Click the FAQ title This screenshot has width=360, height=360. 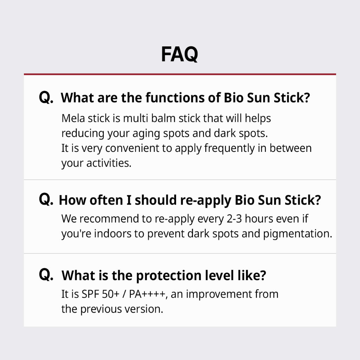pos(179,54)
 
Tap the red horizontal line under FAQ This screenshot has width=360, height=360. pos(180,74)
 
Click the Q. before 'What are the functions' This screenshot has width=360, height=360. pos(46,98)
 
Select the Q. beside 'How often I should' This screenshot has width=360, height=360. pos(46,200)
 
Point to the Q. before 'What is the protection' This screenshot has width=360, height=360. pos(46,275)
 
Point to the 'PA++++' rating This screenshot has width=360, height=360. pos(147,294)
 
